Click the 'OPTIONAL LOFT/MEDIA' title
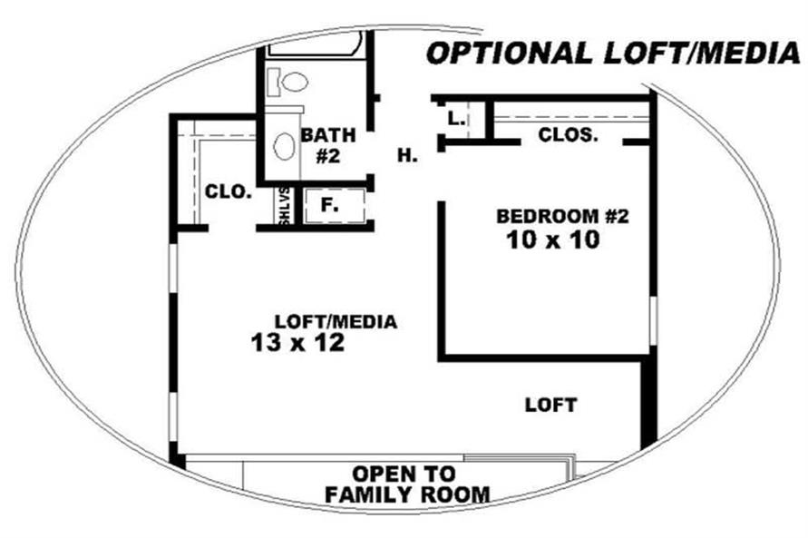(613, 54)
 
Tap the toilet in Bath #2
(287, 82)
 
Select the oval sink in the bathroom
(284, 146)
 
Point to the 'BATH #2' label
(328, 145)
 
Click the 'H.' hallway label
(407, 155)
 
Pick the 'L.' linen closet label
(456, 119)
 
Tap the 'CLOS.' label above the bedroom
(569, 135)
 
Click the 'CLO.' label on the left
(229, 191)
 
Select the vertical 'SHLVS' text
(285, 206)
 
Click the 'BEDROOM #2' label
(563, 217)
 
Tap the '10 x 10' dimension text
(553, 240)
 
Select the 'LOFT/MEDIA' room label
(336, 321)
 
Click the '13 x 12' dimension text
(297, 343)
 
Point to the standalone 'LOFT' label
(550, 405)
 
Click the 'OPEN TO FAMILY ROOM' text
(407, 484)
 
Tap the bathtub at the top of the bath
(315, 44)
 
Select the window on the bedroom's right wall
(653, 320)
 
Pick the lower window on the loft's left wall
(173, 418)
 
